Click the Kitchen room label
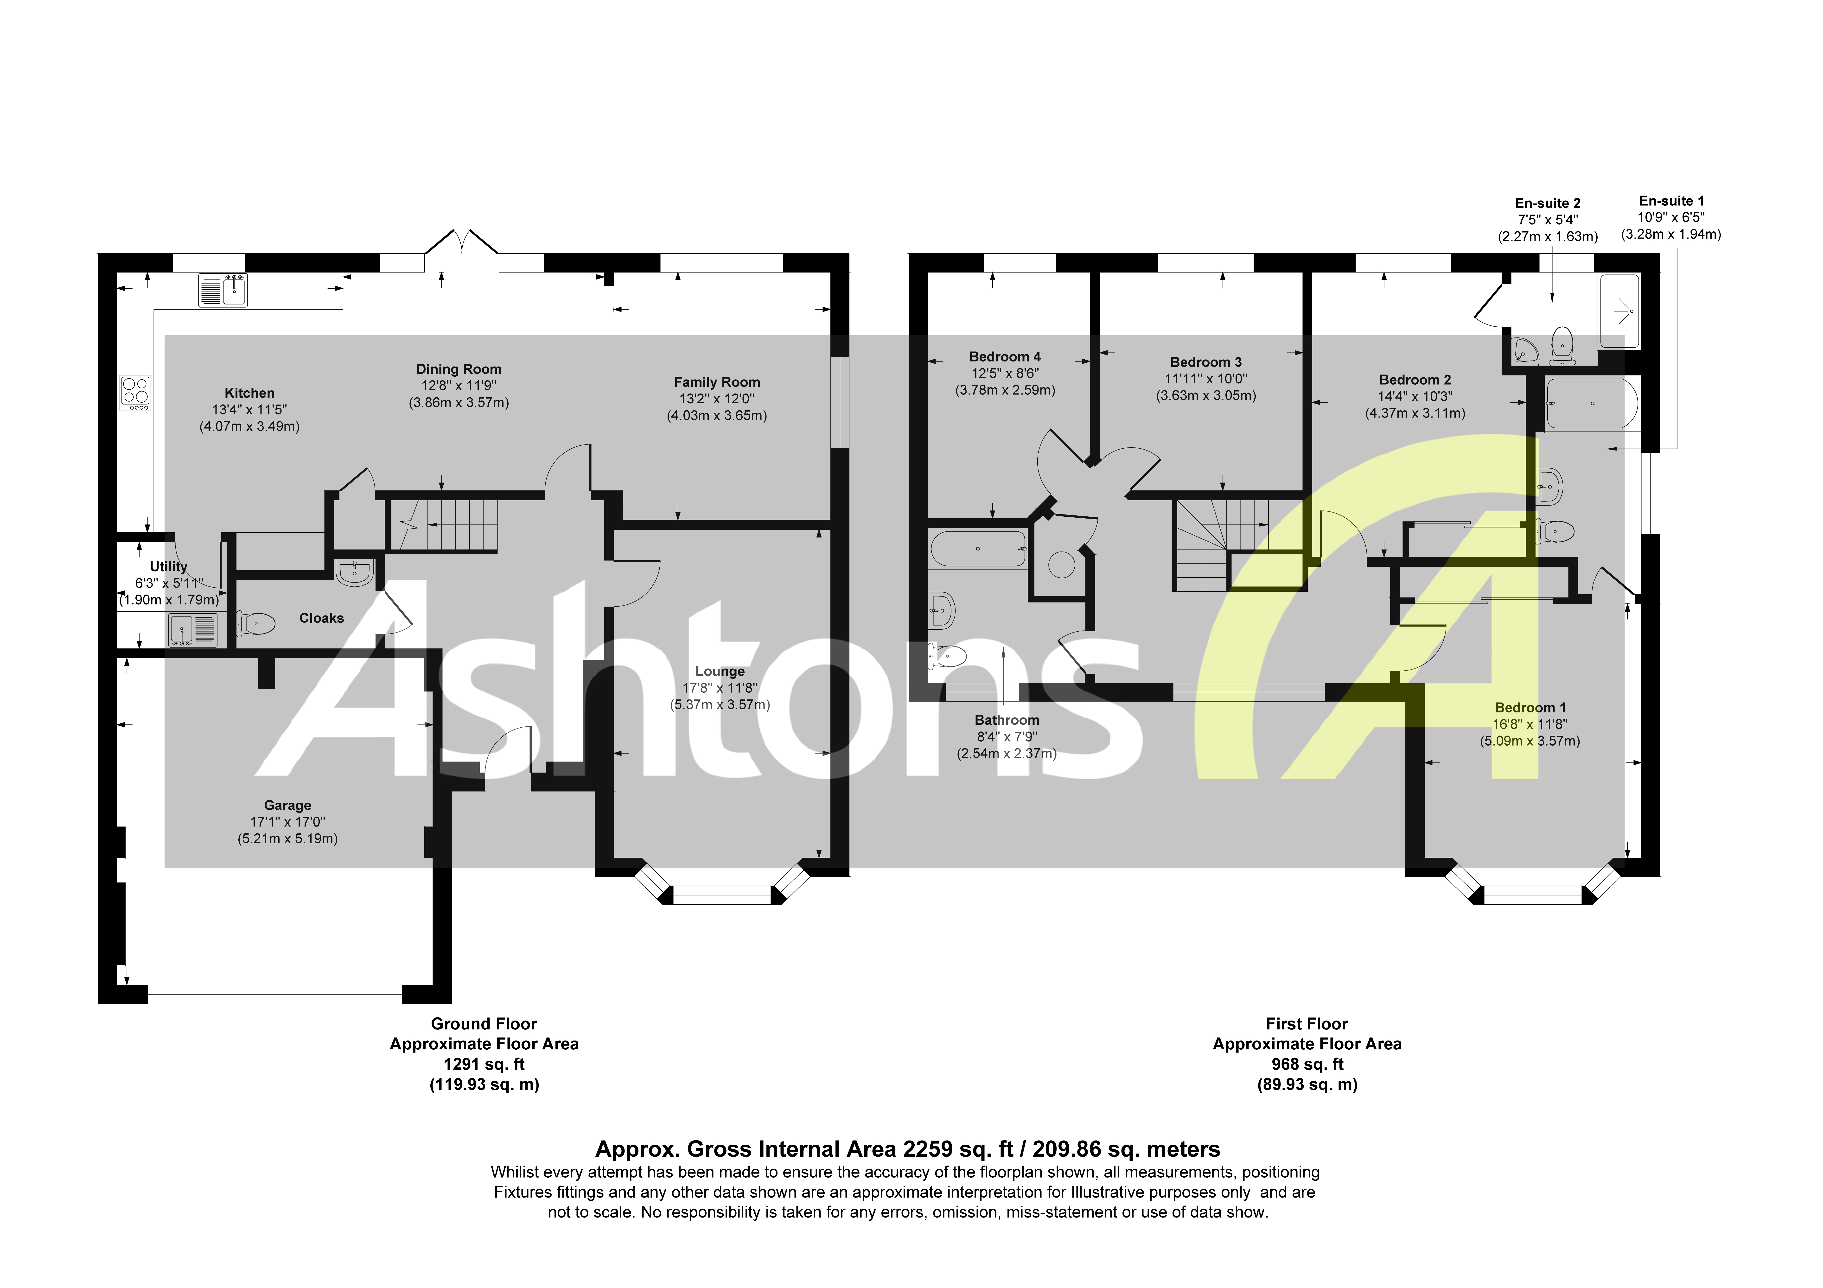[x=249, y=393]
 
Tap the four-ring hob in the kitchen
[x=135, y=392]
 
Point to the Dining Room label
[x=459, y=369]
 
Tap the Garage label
[x=287, y=805]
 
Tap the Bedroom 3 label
[x=1205, y=362]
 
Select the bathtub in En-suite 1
[x=1590, y=403]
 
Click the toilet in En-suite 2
[x=1562, y=346]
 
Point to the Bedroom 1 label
[x=1530, y=708]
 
